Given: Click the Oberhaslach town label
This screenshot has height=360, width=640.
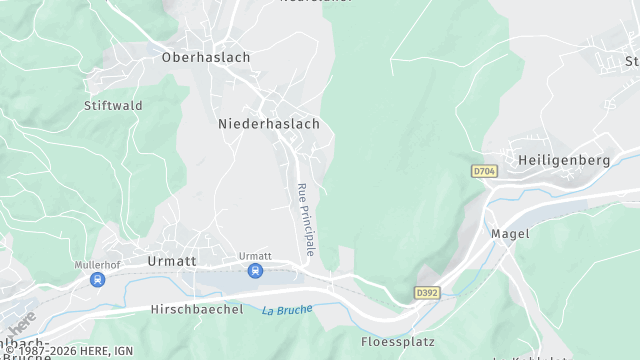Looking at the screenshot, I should [x=206, y=58].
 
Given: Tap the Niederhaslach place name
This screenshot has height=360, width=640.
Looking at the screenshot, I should [x=269, y=124].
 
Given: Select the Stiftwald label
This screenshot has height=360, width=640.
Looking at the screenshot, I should [x=113, y=105].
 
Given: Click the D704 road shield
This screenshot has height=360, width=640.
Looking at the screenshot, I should [x=484, y=172].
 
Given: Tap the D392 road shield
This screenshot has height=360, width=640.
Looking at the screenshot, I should [x=427, y=293].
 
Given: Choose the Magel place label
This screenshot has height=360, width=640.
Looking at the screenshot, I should [x=510, y=233].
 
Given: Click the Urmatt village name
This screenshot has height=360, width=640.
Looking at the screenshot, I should [x=172, y=260].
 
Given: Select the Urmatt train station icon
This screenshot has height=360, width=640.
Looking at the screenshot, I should [x=255, y=271].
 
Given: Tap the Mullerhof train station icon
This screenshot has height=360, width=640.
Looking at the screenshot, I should [x=97, y=280].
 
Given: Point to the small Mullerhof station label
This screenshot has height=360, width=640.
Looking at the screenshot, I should [x=97, y=265].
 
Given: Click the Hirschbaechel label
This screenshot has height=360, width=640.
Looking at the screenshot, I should [x=197, y=310].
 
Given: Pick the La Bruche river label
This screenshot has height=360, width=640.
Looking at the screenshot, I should [x=287, y=310].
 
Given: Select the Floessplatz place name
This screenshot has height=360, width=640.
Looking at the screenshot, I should [x=398, y=342].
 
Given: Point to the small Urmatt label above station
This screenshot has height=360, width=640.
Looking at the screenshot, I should [x=255, y=256].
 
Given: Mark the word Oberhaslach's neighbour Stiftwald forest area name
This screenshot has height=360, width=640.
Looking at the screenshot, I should [x=113, y=105].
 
